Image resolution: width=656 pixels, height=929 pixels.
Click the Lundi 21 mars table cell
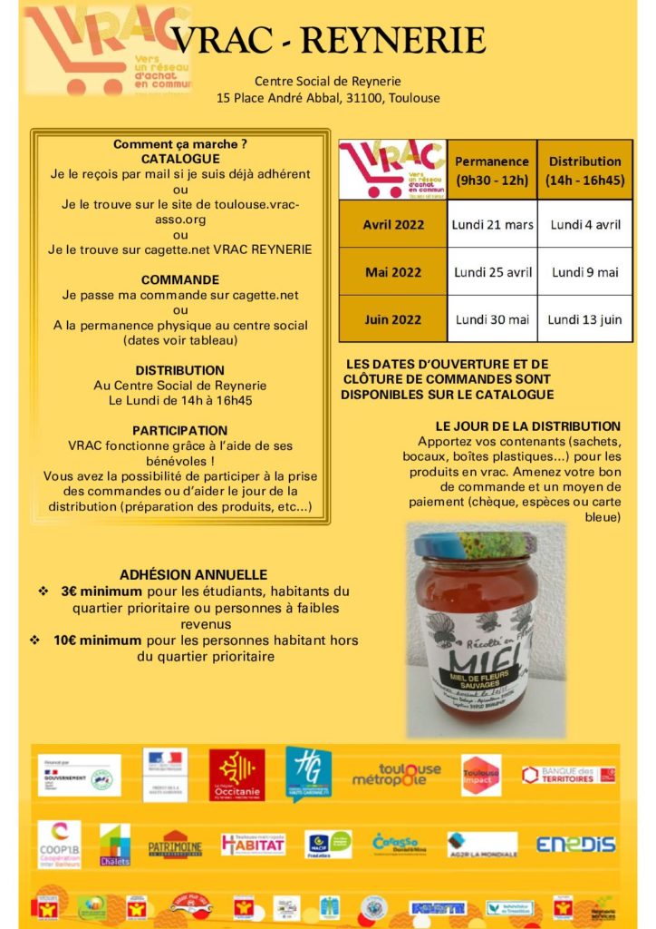pos(493,224)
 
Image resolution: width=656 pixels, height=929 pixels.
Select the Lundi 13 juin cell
pos(585,319)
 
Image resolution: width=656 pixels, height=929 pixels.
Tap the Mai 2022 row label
pos(393,272)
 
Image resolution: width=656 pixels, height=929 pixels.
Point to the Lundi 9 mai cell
pos(585,272)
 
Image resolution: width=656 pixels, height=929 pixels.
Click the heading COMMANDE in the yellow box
pos(180,279)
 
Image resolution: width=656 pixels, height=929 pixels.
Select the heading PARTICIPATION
pos(180,430)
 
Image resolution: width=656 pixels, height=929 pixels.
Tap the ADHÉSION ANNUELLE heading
pos(193,574)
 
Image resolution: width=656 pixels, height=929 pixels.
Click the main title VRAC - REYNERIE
pos(329,41)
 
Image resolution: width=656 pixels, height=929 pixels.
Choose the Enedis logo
pos(575,845)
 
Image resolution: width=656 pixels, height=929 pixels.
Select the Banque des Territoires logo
pos(568,775)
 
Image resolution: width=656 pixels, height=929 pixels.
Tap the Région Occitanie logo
pos(236,775)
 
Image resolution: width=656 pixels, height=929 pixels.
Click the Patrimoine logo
pos(175,845)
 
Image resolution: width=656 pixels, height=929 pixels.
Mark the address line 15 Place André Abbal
pos(329,97)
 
